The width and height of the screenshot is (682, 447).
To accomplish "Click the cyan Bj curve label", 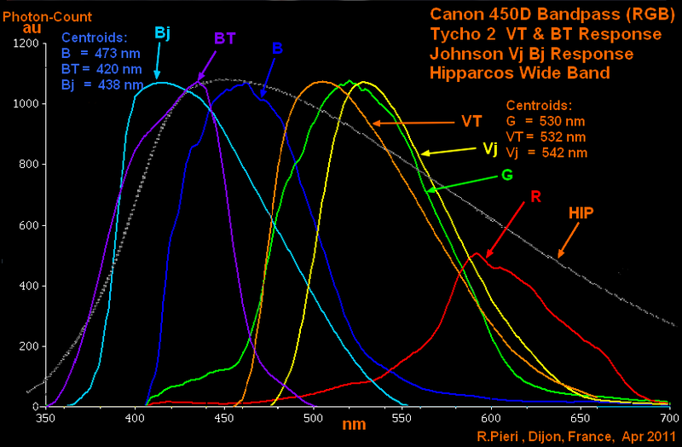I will [x=162, y=32].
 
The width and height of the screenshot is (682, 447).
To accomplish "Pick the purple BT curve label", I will [x=224, y=38].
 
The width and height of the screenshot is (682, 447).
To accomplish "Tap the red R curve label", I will [x=535, y=197].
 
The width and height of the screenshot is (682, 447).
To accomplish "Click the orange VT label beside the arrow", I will [x=472, y=119].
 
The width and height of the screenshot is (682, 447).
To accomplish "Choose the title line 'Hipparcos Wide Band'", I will [x=519, y=73].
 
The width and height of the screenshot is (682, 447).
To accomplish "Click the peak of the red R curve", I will [x=479, y=253].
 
